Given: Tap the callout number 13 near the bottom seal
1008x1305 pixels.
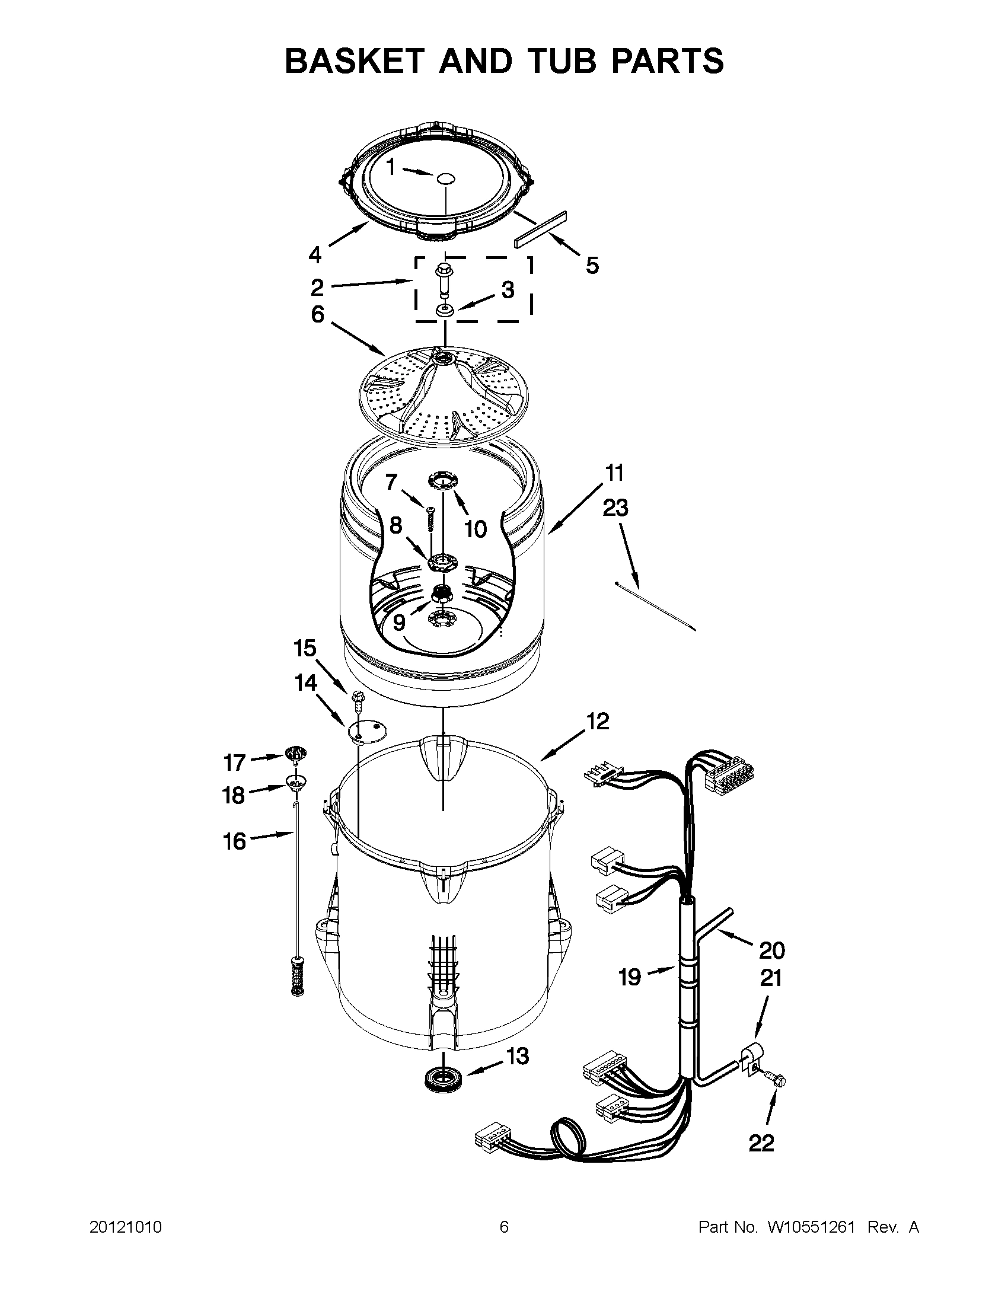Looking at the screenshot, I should (x=518, y=1056).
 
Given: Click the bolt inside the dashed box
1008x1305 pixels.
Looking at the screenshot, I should (x=445, y=278).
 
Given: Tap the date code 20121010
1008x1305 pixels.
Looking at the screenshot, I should (x=126, y=1227).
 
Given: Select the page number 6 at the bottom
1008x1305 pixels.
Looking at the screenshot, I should (x=503, y=1227).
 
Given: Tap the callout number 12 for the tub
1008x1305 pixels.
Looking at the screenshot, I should (x=598, y=721).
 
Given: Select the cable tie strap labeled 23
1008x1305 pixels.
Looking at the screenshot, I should (x=655, y=605).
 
